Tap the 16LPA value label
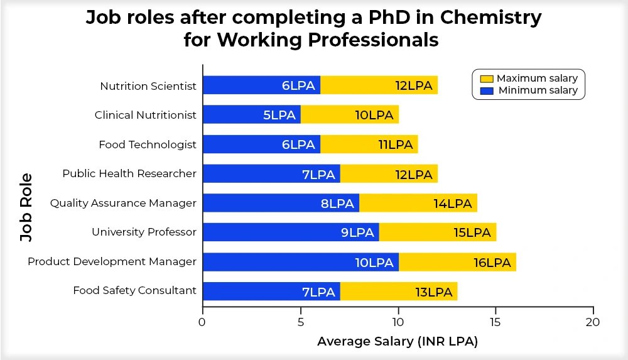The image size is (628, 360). click(492, 262)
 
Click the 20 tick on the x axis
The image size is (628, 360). click(593, 322)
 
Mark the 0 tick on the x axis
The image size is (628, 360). click(202, 322)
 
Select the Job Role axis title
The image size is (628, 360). click(26, 204)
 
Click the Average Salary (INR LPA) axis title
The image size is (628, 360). click(398, 342)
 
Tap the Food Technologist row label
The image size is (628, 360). click(148, 145)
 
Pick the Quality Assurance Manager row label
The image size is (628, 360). click(123, 203)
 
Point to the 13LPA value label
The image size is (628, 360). click(433, 292)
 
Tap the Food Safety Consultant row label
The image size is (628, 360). click(134, 290)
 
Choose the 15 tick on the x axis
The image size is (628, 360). click(495, 322)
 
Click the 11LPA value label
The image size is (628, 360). click(396, 145)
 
